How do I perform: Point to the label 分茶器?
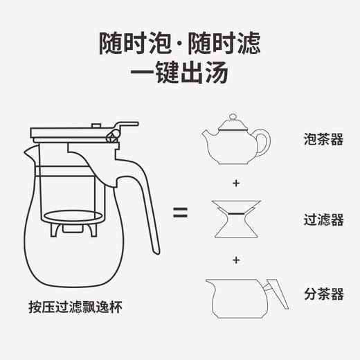pyautogui.click(x=323, y=294)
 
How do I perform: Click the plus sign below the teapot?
pyautogui.click(x=236, y=183)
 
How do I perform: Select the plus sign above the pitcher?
pyautogui.click(x=236, y=260)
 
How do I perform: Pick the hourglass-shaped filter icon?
pyautogui.click(x=235, y=218)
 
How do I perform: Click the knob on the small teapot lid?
pyautogui.click(x=232, y=118)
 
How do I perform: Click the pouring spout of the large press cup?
pyautogui.click(x=29, y=151)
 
